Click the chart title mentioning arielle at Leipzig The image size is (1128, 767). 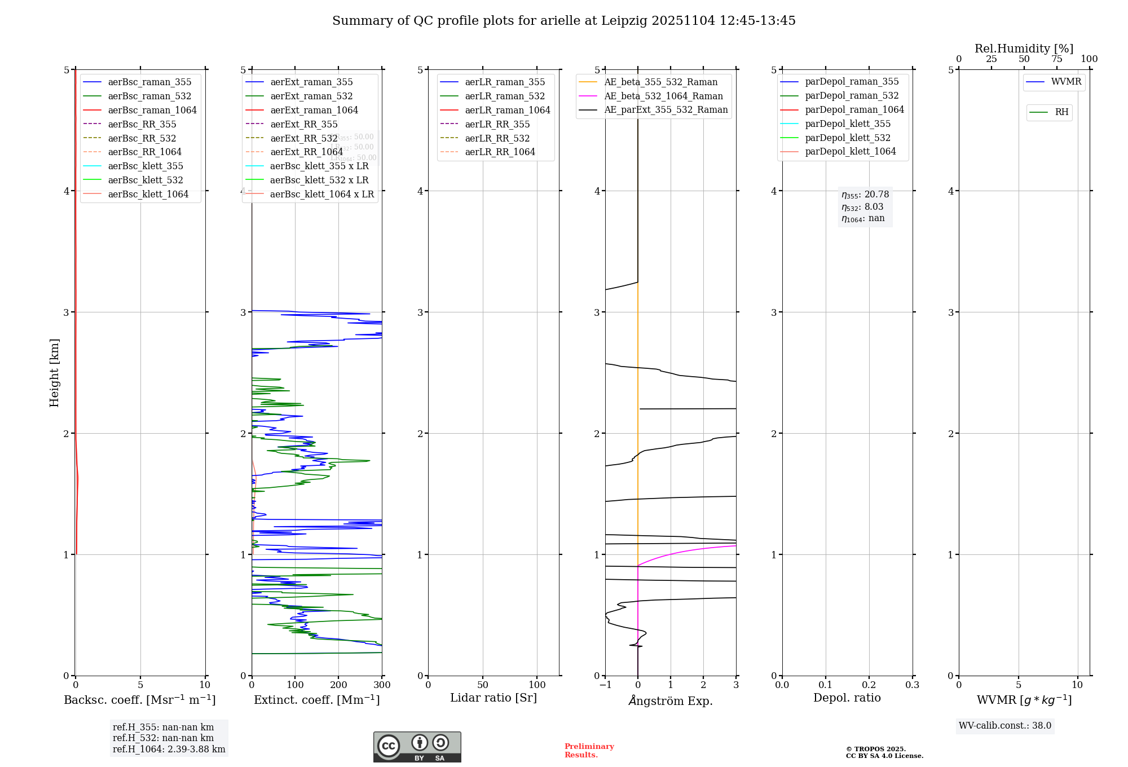pyautogui.click(x=563, y=21)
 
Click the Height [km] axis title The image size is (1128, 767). pyautogui.click(x=54, y=372)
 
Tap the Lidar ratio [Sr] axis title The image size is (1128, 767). pyautogui.click(x=493, y=698)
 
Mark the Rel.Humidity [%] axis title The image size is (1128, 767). pyautogui.click(x=1024, y=49)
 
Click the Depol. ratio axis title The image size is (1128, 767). pyautogui.click(x=847, y=698)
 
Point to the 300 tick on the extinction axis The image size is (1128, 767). pyautogui.click(x=382, y=685)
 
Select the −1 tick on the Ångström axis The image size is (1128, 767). pyautogui.click(x=605, y=685)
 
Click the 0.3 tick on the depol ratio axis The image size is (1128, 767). pyautogui.click(x=912, y=685)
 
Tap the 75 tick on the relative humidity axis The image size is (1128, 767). pyautogui.click(x=1056, y=59)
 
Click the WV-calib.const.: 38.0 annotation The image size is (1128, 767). pyautogui.click(x=1004, y=725)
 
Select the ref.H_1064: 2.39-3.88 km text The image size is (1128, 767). pyautogui.click(x=169, y=749)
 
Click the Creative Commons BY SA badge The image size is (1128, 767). pyautogui.click(x=417, y=747)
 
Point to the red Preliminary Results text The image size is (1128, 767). pyautogui.click(x=589, y=750)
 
